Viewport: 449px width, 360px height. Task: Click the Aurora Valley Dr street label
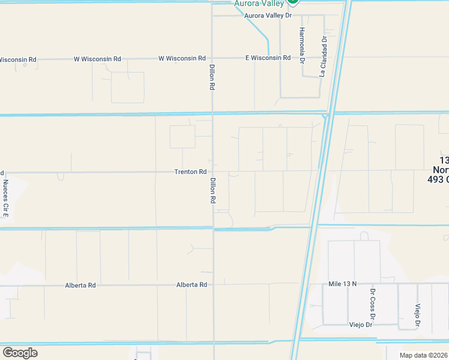[x=268, y=15]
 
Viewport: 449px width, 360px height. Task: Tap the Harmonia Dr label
[x=303, y=46]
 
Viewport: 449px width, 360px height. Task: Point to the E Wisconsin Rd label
[x=268, y=58]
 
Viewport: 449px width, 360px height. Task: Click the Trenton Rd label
[x=190, y=172]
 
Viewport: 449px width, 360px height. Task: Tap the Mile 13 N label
[x=343, y=283]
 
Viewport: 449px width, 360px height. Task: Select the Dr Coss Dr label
[x=373, y=305]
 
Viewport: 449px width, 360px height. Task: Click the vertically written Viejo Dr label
[x=417, y=316]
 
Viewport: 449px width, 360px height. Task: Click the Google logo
[x=20, y=352]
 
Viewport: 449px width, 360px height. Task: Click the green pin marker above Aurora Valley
[x=292, y=2]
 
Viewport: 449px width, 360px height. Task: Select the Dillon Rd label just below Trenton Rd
[x=212, y=190]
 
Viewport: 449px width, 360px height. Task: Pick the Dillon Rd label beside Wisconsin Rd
[x=212, y=77]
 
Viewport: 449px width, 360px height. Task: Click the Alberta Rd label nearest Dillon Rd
[x=191, y=285]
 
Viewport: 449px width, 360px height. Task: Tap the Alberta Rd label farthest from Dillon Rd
[x=80, y=286]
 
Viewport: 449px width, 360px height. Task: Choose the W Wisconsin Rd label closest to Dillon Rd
[x=182, y=58]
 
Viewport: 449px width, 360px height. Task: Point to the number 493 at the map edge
[x=438, y=179]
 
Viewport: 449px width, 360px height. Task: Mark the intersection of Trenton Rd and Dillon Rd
[x=213, y=172]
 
